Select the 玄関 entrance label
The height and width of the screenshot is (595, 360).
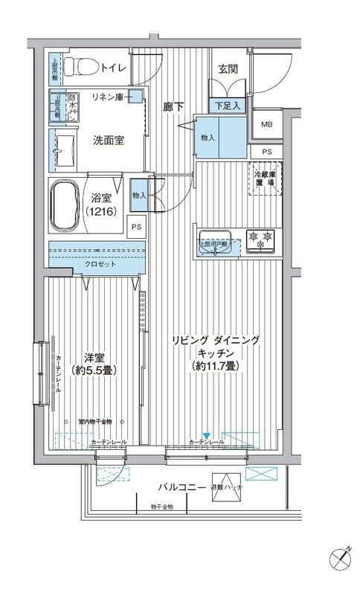tap(227, 68)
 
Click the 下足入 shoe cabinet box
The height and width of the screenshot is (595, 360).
tap(228, 106)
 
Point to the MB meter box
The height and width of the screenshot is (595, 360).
tap(266, 123)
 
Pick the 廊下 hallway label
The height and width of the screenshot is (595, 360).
tap(173, 106)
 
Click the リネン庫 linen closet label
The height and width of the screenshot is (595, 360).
tap(108, 97)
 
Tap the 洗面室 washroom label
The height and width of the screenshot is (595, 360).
tap(109, 139)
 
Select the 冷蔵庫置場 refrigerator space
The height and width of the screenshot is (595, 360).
tap(265, 178)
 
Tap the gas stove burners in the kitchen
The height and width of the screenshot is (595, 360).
tap(260, 239)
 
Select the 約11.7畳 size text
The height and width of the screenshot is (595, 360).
tap(215, 366)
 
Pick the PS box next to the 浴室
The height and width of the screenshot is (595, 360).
tap(137, 228)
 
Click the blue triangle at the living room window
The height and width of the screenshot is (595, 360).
tap(207, 437)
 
